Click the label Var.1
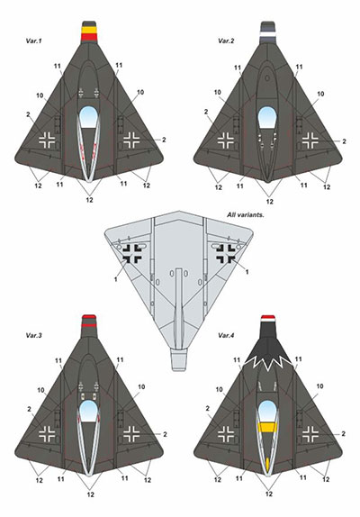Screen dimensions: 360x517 (33, 41)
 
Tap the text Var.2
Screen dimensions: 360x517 (226, 41)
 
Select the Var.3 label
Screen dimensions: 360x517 (34, 335)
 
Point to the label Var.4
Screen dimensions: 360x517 (226, 336)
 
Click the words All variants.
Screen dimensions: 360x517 (246, 215)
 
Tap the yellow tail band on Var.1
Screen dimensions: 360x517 (89, 30)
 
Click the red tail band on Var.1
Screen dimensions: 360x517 (89, 37)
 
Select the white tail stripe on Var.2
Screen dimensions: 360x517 (267, 34)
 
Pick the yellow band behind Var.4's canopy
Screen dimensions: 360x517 (267, 428)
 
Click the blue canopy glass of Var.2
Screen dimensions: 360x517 (267, 117)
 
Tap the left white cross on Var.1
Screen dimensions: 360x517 (47, 140)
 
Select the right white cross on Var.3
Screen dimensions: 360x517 (131, 434)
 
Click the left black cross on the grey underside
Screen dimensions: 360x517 (132, 254)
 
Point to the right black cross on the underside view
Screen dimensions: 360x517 (226, 254)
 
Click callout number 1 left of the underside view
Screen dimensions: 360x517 (115, 279)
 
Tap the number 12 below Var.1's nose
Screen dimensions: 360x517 (89, 200)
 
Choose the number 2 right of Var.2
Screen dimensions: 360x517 (344, 141)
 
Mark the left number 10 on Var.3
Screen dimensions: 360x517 (40, 390)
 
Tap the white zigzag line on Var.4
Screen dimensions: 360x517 (267, 364)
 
